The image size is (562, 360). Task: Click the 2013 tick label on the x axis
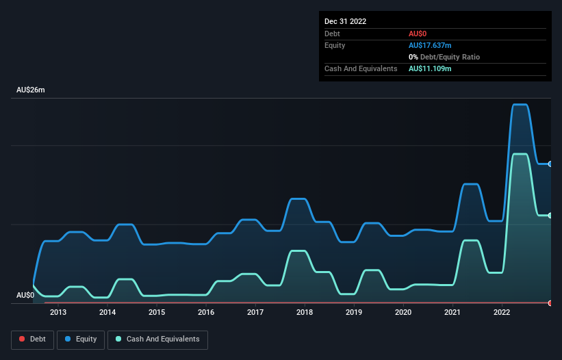tap(58, 313)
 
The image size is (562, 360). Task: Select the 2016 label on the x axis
tap(206, 313)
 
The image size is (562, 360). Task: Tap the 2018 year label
tap(305, 313)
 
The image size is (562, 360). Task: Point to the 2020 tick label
tap(403, 313)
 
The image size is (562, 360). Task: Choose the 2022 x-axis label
tap(502, 313)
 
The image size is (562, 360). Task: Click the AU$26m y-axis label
tap(31, 90)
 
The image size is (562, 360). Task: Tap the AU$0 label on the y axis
tap(25, 296)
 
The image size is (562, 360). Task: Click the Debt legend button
tap(32, 339)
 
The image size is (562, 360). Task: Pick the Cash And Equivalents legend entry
tap(157, 339)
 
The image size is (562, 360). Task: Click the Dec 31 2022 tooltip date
tap(346, 21)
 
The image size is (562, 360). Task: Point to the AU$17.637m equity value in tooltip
tap(430, 45)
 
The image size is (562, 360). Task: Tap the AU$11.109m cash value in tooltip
tap(430, 68)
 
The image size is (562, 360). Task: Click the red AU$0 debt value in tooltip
tap(418, 34)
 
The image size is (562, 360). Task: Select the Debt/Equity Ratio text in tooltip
tap(448, 57)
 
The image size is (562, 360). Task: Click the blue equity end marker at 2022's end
tap(550, 164)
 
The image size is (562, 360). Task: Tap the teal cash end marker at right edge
tap(550, 216)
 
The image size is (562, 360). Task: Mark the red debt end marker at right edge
tap(550, 303)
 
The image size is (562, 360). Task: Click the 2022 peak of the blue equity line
tap(520, 105)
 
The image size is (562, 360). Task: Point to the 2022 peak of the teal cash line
tap(520, 154)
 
